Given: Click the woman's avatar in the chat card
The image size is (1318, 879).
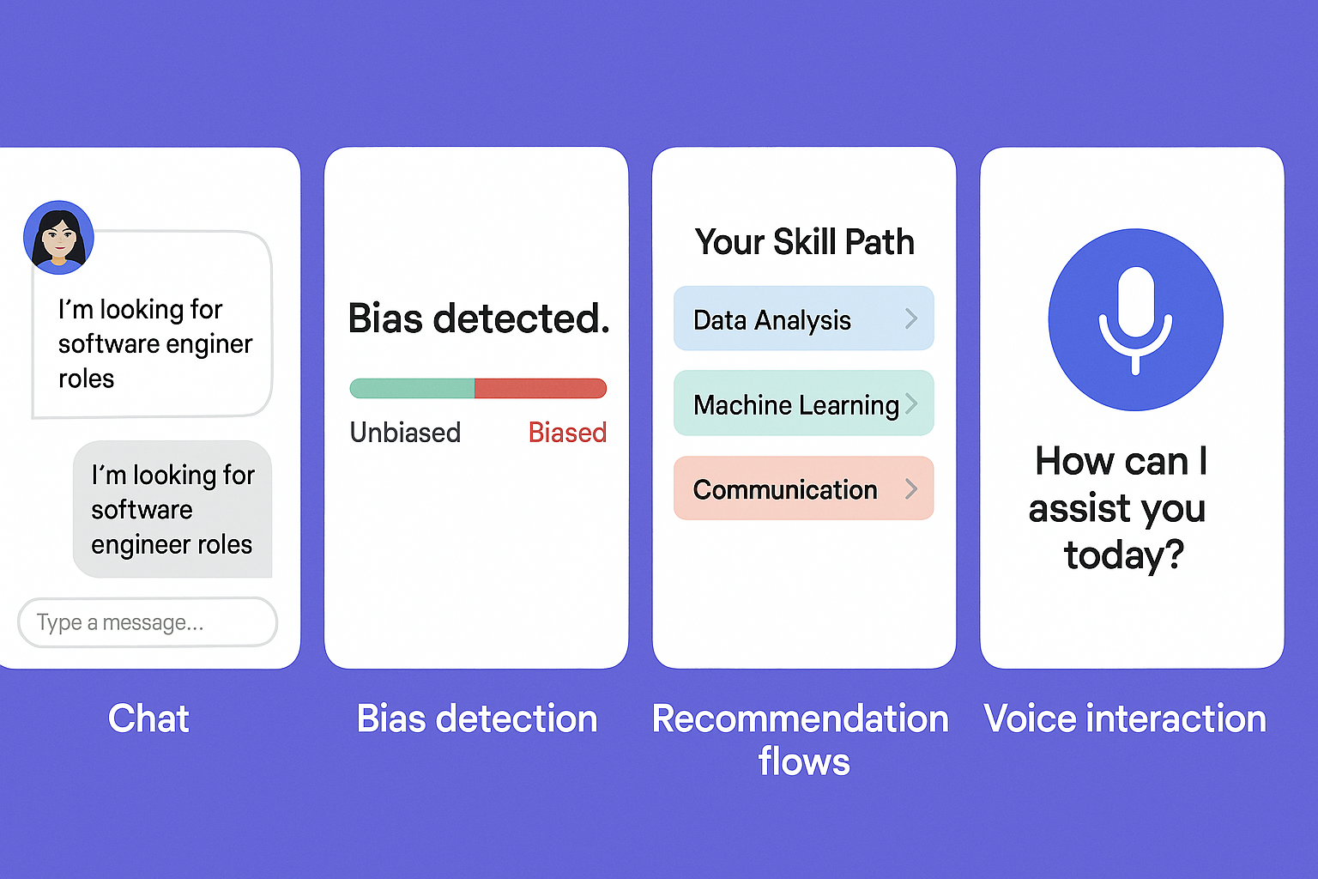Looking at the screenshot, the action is coord(58,237).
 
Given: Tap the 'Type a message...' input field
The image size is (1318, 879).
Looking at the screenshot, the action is coord(147,622).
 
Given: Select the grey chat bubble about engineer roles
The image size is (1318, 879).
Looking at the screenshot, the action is coord(172,509).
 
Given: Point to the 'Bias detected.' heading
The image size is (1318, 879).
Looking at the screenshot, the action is coord(479,318).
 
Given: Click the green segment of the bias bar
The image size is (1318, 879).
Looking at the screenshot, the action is coord(412,389).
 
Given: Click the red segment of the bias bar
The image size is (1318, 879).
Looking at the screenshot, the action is coord(540,389).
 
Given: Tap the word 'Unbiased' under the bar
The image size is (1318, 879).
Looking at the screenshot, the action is coord(405,433).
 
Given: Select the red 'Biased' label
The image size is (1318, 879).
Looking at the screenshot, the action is coord(567,433).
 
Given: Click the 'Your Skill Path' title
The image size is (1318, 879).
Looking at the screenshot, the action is coord(804,242).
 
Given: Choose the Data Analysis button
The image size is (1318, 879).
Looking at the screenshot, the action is coord(804,318).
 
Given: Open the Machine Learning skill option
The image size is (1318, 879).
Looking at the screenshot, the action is coord(804,403).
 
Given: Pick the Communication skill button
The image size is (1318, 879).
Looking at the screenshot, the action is coord(804,488).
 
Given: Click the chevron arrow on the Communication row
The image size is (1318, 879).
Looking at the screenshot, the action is coord(911,488).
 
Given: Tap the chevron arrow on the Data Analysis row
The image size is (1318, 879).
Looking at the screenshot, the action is coord(911,318).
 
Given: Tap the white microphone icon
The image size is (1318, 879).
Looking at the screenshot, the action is coord(1135,320).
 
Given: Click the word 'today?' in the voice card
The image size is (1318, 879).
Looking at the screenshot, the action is coord(1124,555).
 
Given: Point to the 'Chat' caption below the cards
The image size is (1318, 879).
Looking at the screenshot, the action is coord(148,718).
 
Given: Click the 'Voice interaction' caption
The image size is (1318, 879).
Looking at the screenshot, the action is coord(1125,718).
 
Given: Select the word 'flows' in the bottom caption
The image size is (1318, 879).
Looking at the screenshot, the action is coord(804,762).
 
